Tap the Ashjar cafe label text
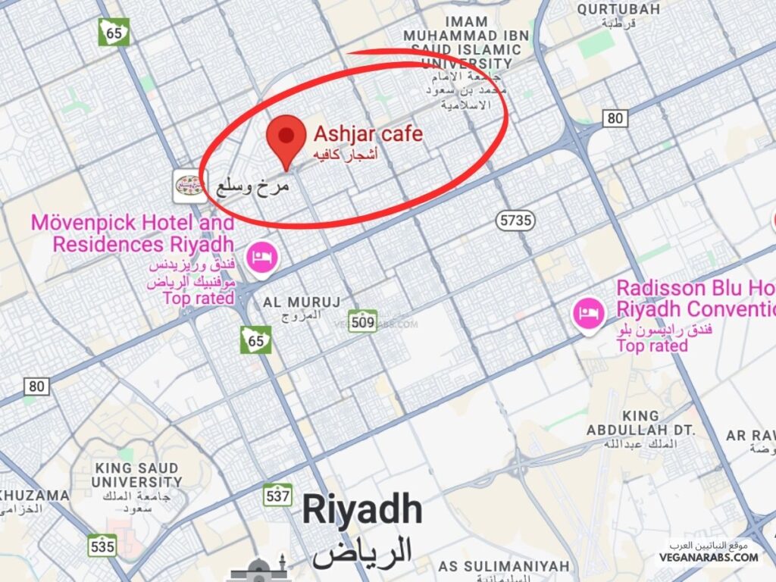pyautogui.click(x=368, y=136)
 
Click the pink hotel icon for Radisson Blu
pyautogui.click(x=588, y=313)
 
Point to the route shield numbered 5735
pyautogui.click(x=516, y=221)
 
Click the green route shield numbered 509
pyautogui.click(x=363, y=321)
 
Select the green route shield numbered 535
pyautogui.click(x=102, y=545)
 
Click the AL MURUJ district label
pyautogui.click(x=302, y=302)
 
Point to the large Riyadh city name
pyautogui.click(x=361, y=511)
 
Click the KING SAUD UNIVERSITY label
pyautogui.click(x=136, y=475)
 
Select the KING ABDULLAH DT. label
pyautogui.click(x=640, y=423)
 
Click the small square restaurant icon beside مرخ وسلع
pyautogui.click(x=189, y=186)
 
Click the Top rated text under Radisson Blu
pyautogui.click(x=652, y=346)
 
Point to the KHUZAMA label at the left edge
pyautogui.click(x=34, y=496)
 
